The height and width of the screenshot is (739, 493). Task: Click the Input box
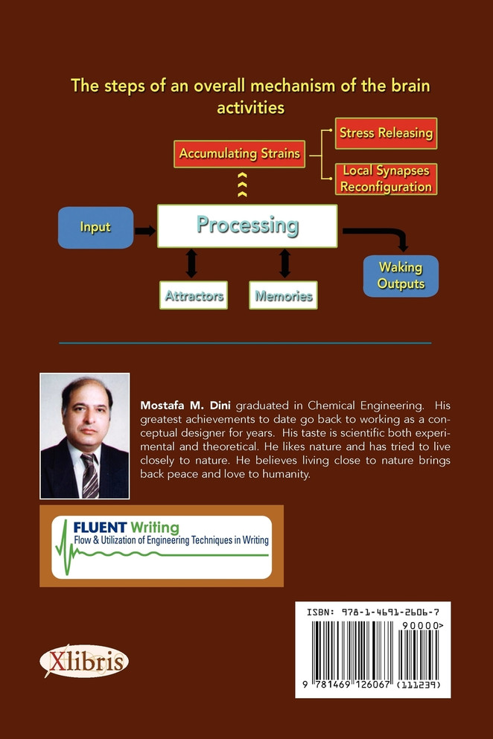tap(96, 228)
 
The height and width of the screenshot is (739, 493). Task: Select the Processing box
tap(247, 225)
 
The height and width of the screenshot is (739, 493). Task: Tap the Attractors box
tap(194, 295)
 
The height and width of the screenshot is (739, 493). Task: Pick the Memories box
tap(283, 295)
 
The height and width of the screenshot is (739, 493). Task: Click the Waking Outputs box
tap(401, 275)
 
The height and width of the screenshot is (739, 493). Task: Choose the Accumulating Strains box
tap(239, 153)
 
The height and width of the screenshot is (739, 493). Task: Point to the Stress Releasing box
tap(386, 133)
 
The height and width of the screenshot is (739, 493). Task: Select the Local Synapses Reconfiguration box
tap(386, 179)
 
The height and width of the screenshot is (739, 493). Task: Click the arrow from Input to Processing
tap(144, 231)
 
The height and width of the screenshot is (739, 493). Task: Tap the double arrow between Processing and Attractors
tap(191, 263)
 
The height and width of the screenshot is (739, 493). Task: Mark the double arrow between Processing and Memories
tap(284, 263)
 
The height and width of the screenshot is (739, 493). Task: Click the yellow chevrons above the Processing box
tap(242, 185)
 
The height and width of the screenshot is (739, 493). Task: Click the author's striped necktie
tap(89, 476)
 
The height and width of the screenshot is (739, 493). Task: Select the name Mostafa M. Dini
tap(185, 406)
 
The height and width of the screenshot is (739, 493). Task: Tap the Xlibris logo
tap(84, 662)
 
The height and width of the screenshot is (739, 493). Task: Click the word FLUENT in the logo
tap(100, 527)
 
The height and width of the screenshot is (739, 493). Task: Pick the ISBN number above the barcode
tap(372, 612)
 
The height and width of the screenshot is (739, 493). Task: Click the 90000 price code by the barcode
tap(423, 625)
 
